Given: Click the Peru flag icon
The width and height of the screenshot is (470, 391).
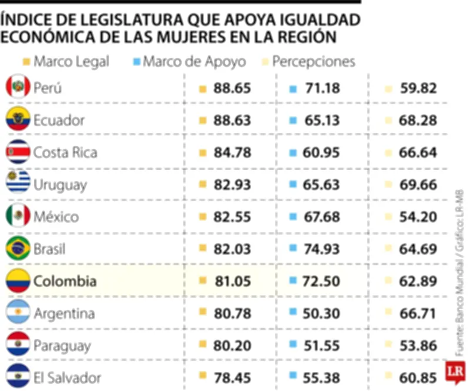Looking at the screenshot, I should click(x=18, y=87).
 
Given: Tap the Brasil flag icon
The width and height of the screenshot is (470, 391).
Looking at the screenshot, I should click(x=18, y=249).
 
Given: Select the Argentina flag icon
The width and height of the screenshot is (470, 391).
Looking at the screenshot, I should click(x=18, y=314).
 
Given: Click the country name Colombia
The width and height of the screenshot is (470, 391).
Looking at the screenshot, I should click(x=65, y=281).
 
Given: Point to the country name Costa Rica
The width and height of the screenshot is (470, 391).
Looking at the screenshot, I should click(x=65, y=153).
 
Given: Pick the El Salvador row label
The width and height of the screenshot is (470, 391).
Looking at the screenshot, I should click(x=67, y=378).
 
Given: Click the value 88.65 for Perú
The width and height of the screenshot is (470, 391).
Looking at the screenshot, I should click(x=232, y=88).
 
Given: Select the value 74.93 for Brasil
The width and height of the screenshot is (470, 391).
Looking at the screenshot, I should click(x=322, y=249).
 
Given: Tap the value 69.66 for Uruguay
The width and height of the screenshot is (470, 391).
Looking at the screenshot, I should click(x=418, y=185).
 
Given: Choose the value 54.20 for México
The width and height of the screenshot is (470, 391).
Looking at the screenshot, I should click(x=418, y=217).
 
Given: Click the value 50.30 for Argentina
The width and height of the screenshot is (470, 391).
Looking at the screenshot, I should click(x=322, y=314).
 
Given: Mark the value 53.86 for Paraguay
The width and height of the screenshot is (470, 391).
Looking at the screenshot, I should click(x=418, y=346).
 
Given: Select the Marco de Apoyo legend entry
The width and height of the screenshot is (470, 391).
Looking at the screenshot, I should click(x=189, y=61).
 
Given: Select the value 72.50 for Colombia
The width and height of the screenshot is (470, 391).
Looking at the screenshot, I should click(x=322, y=281).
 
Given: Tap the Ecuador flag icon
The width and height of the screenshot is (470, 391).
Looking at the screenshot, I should click(x=18, y=120).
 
